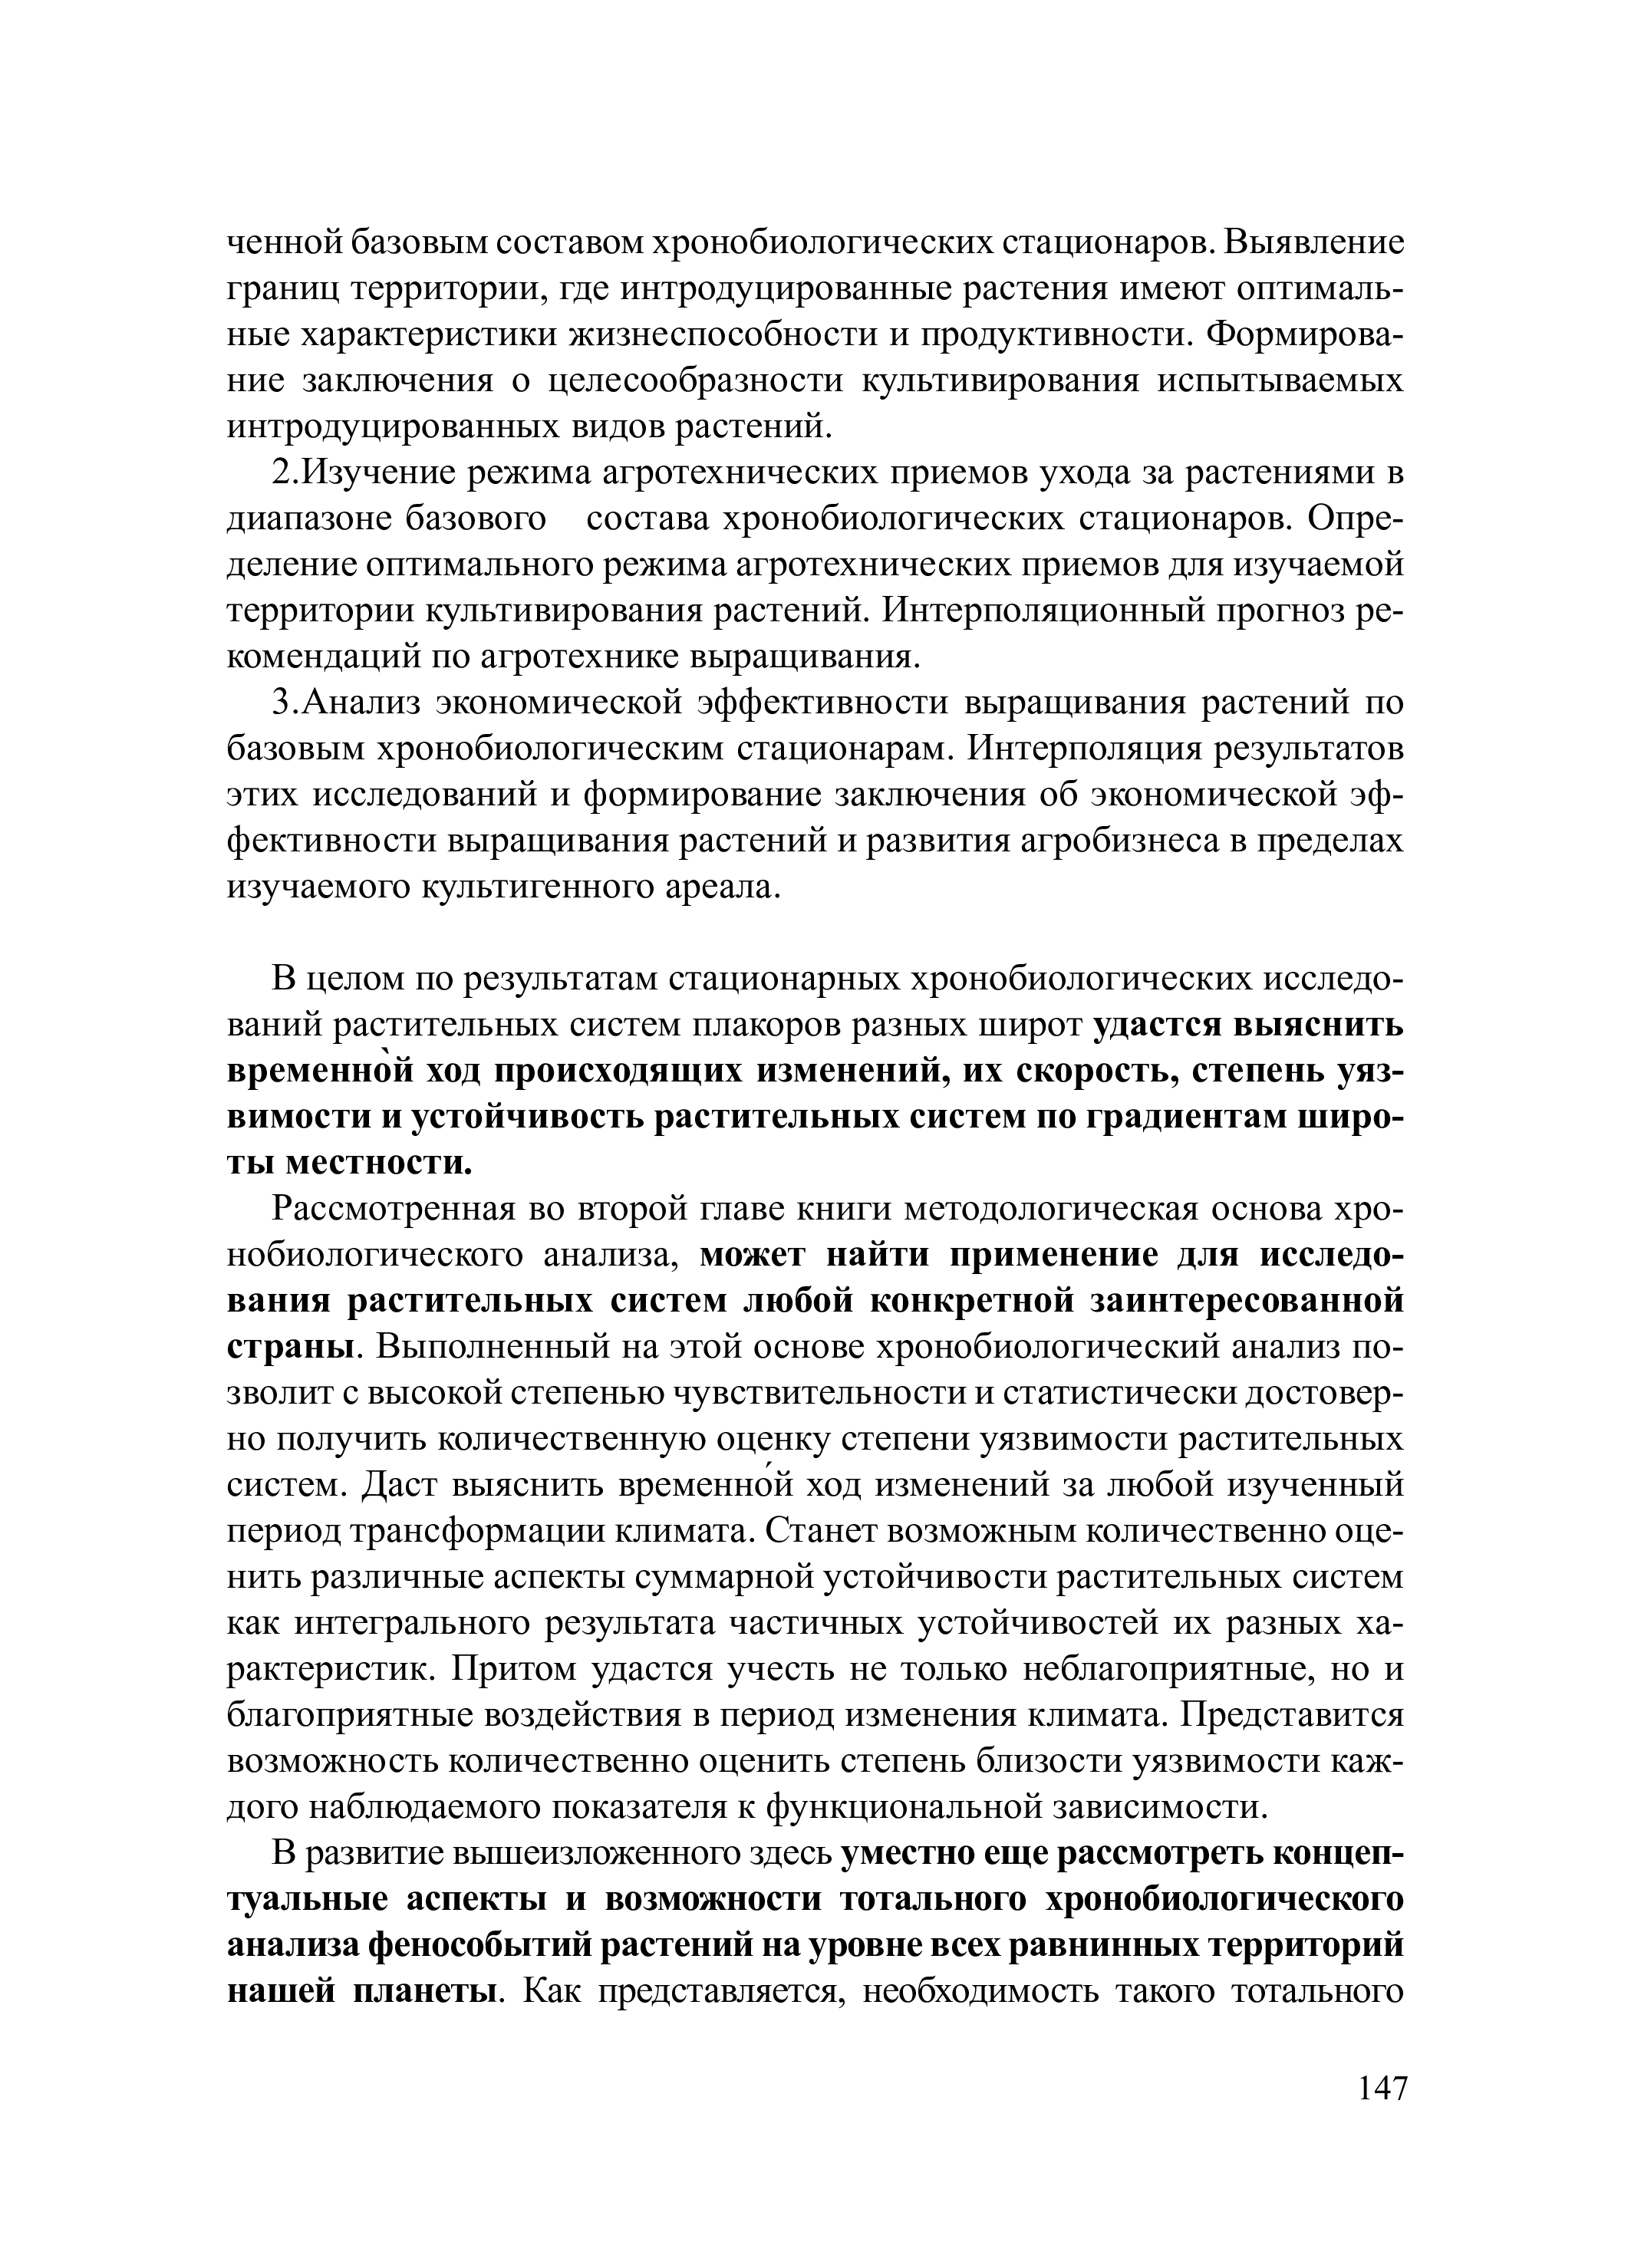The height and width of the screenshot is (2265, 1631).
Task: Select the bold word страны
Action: [291, 1348]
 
